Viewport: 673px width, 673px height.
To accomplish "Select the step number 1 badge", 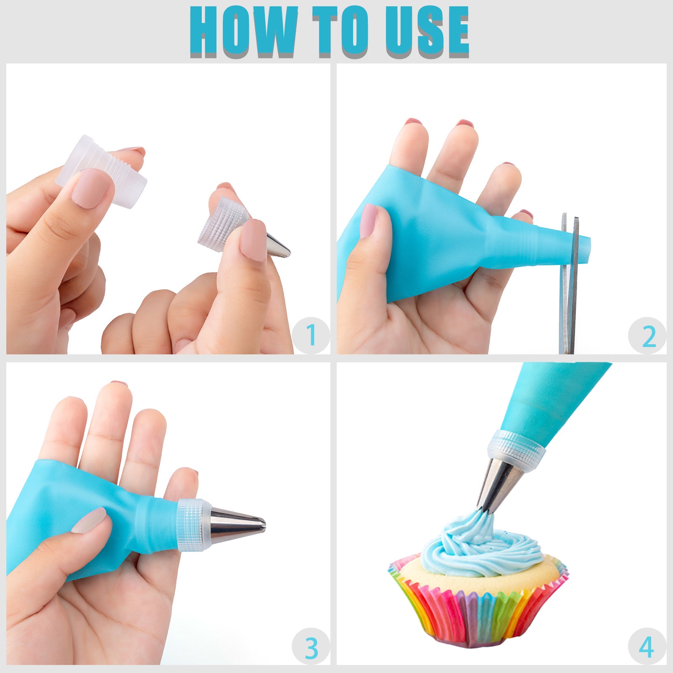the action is coord(311,335).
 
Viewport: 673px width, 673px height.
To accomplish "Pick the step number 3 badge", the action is coord(311,648).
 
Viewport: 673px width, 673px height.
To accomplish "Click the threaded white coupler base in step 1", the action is coord(101,171).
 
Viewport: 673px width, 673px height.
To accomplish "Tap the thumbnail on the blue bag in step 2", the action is coord(369,221).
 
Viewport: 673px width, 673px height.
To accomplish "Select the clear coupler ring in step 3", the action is coord(194,525).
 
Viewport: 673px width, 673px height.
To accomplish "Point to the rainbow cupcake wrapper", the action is coord(478,605).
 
